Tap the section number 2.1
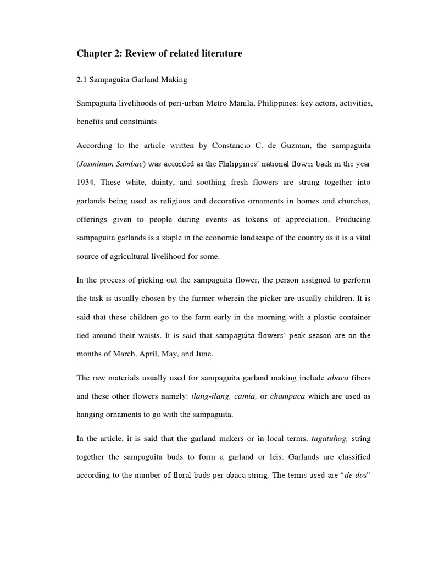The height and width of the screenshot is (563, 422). click(82, 80)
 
